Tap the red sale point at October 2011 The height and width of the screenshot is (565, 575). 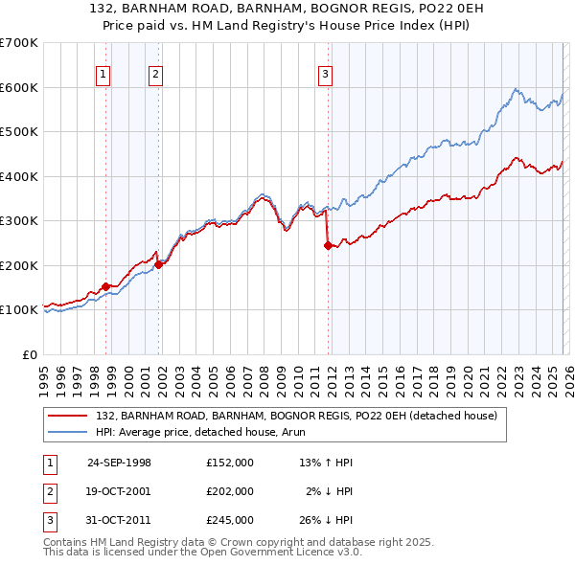[328, 245]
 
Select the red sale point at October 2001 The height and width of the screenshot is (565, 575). [159, 264]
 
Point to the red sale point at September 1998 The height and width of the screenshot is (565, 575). [106, 286]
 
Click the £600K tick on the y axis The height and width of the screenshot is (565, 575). [18, 87]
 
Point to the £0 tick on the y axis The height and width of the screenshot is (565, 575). [29, 354]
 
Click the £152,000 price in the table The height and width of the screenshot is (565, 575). [230, 463]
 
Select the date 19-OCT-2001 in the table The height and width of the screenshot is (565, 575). [120, 491]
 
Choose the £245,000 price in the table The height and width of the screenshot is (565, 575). [230, 520]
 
